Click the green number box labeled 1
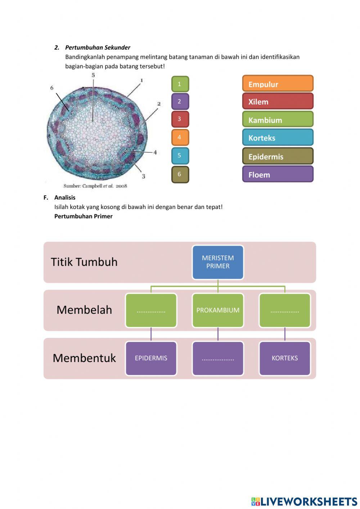pyautogui.click(x=180, y=84)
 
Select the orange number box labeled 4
pyautogui.click(x=180, y=137)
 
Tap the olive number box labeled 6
pyautogui.click(x=180, y=174)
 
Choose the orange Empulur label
pyautogui.click(x=278, y=84)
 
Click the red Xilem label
pyautogui.click(x=278, y=101)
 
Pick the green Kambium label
pyautogui.click(x=278, y=120)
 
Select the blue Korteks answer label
pyautogui.click(x=278, y=138)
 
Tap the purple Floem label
pyautogui.click(x=278, y=174)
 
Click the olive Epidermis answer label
pyautogui.click(x=278, y=156)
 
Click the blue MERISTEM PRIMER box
pyautogui.click(x=218, y=262)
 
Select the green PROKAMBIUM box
pyautogui.click(x=218, y=310)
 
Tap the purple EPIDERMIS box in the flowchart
pyautogui.click(x=151, y=358)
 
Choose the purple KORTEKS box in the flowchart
pyautogui.click(x=285, y=358)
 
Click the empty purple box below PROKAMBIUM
pyautogui.click(x=218, y=358)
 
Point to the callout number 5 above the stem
pyautogui.click(x=93, y=75)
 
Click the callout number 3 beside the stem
pyautogui.click(x=143, y=176)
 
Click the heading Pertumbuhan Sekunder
pyautogui.click(x=98, y=48)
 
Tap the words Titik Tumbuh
pyautogui.click(x=84, y=262)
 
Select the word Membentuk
pyautogui.click(x=84, y=358)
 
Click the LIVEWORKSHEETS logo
pyautogui.click(x=304, y=501)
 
